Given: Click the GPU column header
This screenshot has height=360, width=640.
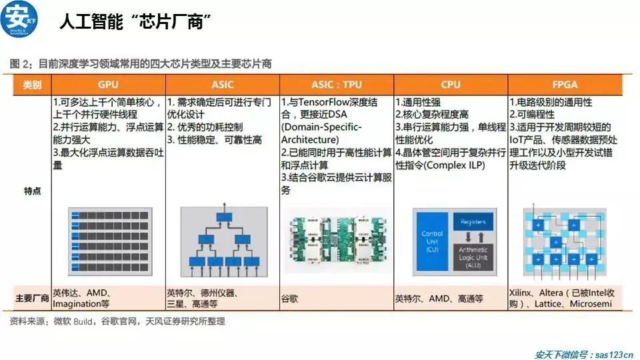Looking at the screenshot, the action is (x=109, y=85).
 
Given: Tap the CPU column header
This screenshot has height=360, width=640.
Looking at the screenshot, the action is (x=451, y=85).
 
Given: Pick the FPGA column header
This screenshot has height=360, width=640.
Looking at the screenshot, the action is (x=565, y=85).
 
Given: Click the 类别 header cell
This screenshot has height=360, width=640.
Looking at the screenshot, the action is (x=32, y=85).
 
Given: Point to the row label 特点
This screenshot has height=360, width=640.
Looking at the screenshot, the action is (x=32, y=191).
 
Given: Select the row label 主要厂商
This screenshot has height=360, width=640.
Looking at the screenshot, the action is (x=32, y=298).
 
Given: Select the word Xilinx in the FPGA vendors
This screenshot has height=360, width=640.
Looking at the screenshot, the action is (x=523, y=293).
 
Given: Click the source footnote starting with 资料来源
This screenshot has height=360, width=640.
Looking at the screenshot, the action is (x=118, y=321).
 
